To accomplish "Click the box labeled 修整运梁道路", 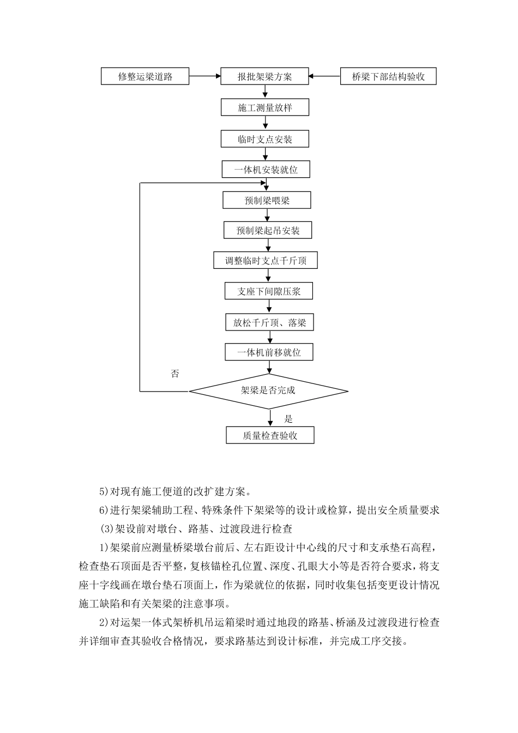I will click(145, 76).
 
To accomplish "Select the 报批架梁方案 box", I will click(264, 76).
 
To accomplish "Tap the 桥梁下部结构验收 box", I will click(388, 76).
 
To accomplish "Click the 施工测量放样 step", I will click(264, 107).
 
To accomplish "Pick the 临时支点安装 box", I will click(264, 139).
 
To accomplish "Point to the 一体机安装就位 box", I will click(266, 170).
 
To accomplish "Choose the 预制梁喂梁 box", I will click(267, 200).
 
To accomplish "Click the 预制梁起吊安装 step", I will click(268, 230).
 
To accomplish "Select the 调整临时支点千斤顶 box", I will click(266, 261).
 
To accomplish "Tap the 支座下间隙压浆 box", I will click(269, 291).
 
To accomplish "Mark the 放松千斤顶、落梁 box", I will click(269, 322).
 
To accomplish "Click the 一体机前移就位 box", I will click(269, 352).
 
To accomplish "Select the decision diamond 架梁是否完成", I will click(268, 390).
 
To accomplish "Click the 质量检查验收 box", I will click(270, 435).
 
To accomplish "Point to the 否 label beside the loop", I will click(175, 374).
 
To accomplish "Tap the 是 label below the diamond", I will click(288, 419).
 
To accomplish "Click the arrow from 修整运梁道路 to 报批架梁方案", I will click(204, 76).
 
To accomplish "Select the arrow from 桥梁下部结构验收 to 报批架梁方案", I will click(324, 76).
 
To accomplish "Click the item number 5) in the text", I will click(104, 491).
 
